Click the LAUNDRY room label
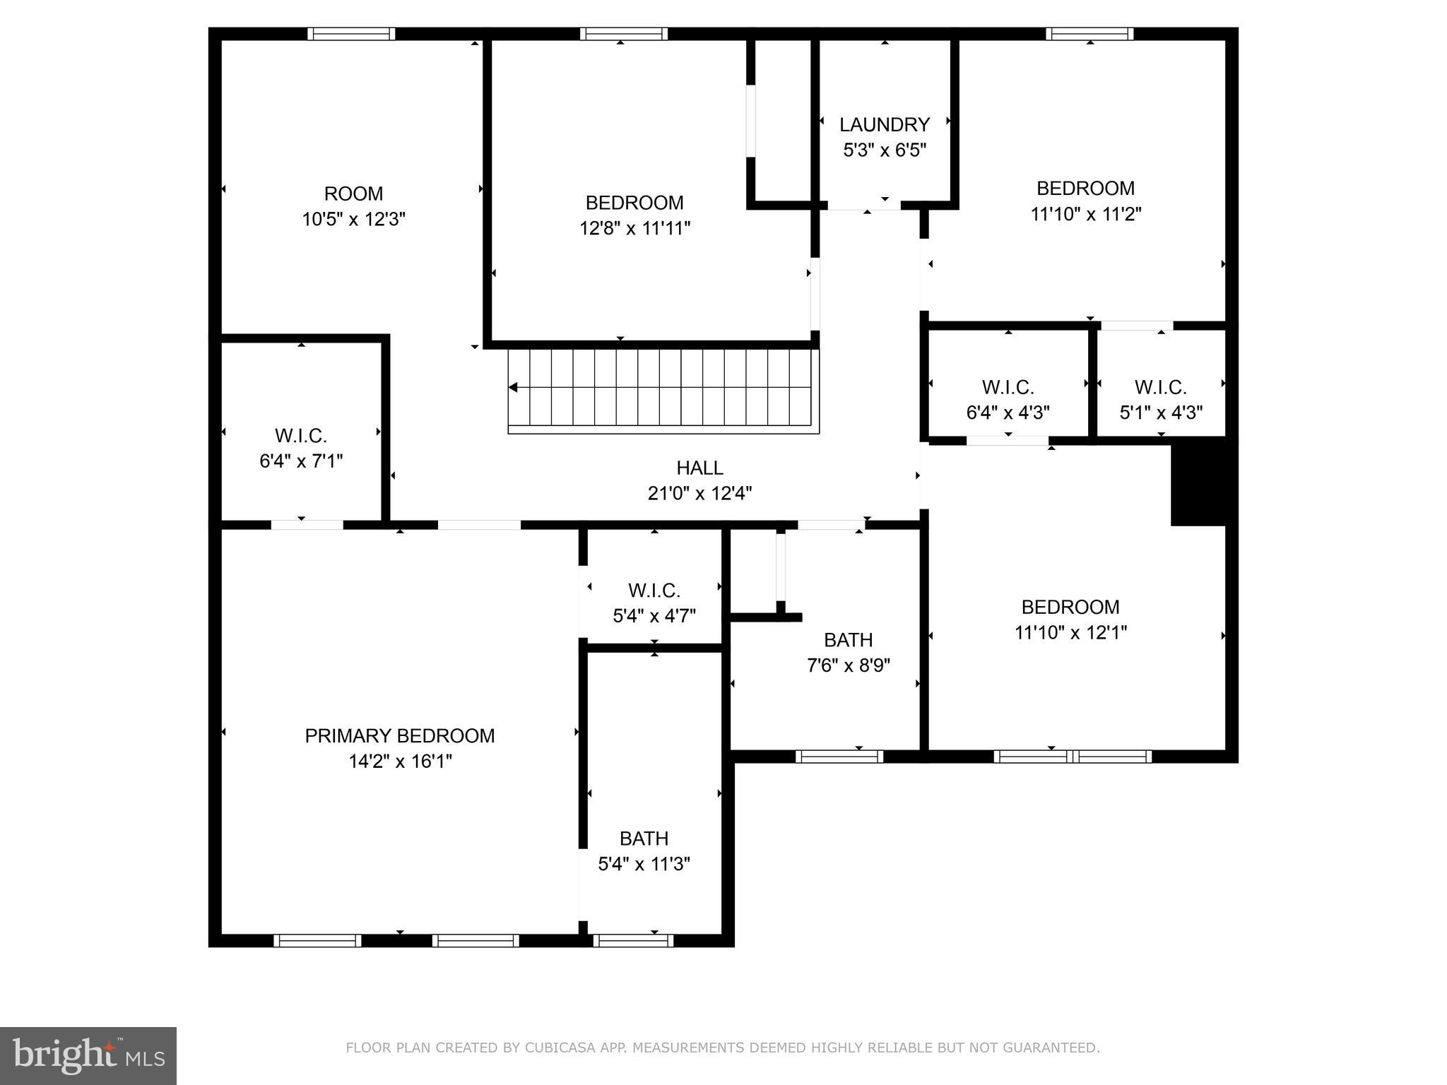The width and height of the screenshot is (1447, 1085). [884, 125]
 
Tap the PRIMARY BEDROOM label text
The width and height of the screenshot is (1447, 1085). [399, 736]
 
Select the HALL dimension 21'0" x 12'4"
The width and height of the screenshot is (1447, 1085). [699, 493]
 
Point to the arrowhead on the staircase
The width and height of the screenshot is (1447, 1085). [514, 388]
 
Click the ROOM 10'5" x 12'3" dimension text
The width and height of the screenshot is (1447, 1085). [353, 219]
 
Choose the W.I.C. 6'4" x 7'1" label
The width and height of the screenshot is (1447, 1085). [301, 435]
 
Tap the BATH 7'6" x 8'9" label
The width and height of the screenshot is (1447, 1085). [848, 640]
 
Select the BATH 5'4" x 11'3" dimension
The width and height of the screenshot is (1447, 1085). [644, 864]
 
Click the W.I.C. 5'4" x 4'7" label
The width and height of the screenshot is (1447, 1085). [654, 591]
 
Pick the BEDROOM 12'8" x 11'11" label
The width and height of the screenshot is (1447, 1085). [634, 203]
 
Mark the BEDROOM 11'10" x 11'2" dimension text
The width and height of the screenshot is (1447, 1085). [1085, 214]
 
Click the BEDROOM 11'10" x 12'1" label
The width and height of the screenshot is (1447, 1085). [1070, 607]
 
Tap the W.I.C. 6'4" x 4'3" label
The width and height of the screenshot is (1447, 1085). [1008, 388]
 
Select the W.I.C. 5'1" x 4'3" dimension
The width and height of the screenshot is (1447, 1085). [1161, 413]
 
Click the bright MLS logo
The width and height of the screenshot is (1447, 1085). [88, 1056]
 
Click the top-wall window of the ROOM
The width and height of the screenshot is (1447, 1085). [351, 34]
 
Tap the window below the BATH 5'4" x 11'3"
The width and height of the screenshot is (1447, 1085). [633, 940]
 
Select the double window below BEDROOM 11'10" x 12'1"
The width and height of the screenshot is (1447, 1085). [1073, 757]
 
